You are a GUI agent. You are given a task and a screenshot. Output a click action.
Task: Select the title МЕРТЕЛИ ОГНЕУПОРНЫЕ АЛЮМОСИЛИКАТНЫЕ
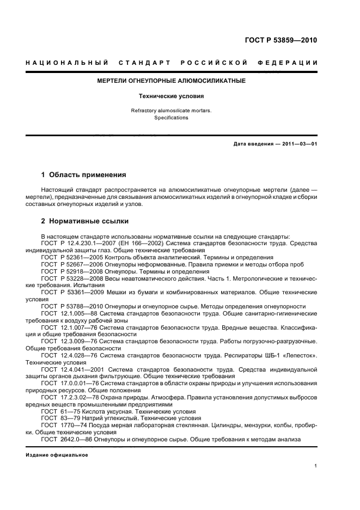(x=171, y=81)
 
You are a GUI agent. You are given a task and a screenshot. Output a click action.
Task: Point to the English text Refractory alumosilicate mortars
(x=171, y=111)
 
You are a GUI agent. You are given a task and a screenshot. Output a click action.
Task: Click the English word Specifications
(x=171, y=117)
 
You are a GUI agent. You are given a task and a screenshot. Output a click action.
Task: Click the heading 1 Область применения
(x=84, y=175)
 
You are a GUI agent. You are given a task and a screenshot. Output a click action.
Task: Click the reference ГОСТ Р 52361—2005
(x=74, y=257)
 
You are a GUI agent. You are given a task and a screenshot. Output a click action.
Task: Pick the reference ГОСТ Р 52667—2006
(x=74, y=264)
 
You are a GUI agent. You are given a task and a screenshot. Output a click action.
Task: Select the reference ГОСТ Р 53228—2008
(x=74, y=278)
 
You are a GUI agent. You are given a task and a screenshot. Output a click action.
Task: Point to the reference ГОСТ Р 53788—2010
(x=74, y=306)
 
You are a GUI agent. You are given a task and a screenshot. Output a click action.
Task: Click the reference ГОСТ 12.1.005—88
(x=71, y=313)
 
